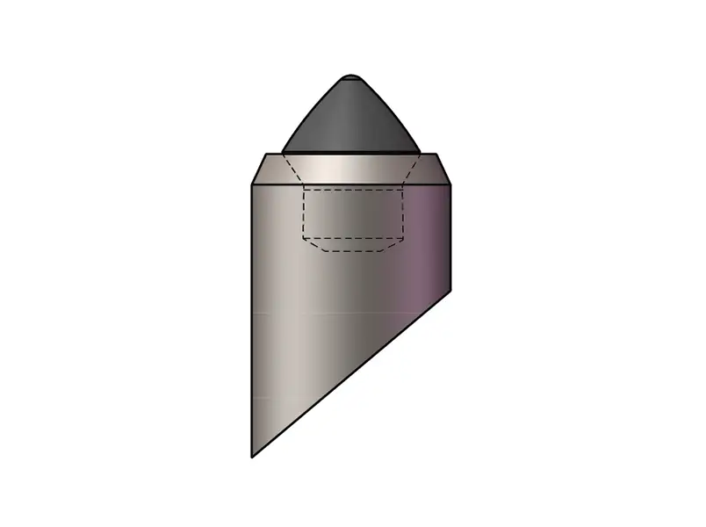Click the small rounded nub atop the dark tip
click(x=351, y=77)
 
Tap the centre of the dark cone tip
click(x=351, y=119)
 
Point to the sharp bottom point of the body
click(x=253, y=457)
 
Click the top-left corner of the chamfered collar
click(x=268, y=154)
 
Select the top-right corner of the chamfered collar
click(x=436, y=154)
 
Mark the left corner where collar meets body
click(x=253, y=185)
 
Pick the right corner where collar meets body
click(x=451, y=185)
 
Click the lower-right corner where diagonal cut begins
click(x=451, y=288)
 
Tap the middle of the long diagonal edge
click(x=352, y=372)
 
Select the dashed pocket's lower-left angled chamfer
click(x=310, y=244)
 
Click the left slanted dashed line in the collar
click(x=292, y=170)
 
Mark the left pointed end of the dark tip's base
click(x=283, y=151)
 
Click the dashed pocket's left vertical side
click(x=303, y=211)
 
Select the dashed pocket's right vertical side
click(x=404, y=211)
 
